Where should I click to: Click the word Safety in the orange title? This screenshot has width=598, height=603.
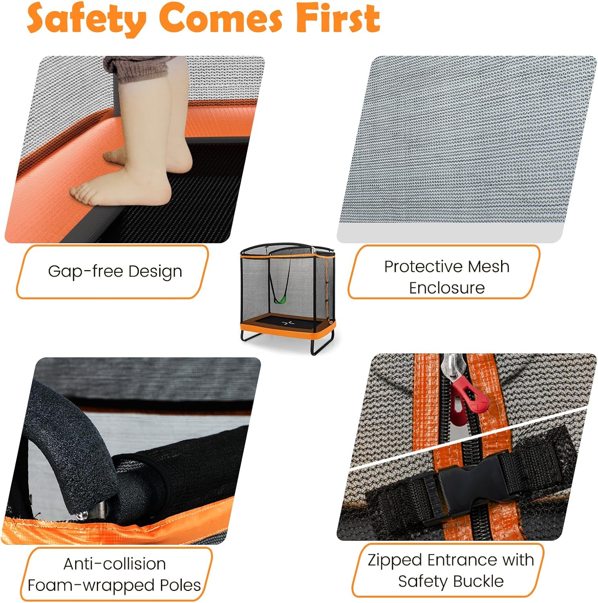click(86, 18)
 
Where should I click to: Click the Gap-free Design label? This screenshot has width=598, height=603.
click(115, 271)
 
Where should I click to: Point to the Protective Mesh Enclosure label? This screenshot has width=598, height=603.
click(447, 277)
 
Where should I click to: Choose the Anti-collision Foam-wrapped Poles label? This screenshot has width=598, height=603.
click(114, 574)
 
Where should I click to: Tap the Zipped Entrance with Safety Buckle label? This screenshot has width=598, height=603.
click(451, 570)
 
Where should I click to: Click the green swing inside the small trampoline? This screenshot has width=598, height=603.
click(280, 299)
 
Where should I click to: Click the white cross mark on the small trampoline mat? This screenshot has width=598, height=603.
click(288, 322)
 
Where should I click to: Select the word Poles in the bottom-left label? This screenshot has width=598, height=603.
click(180, 585)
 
